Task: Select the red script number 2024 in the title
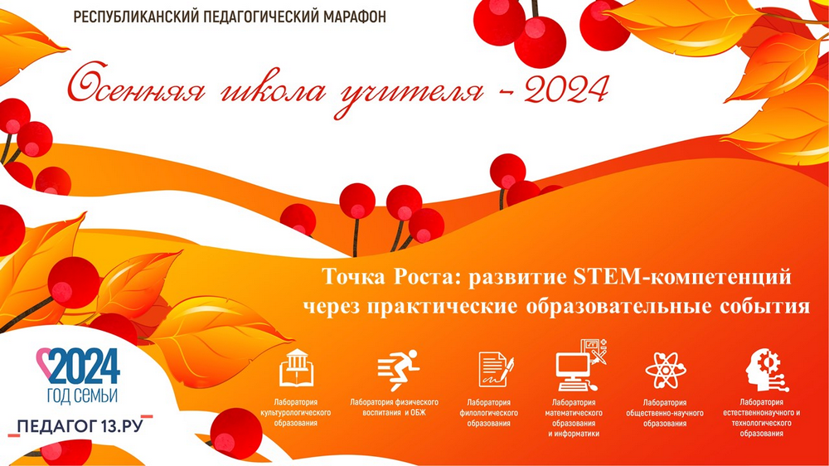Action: [x=566, y=89]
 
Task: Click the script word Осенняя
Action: [x=137, y=85]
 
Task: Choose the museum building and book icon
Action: [x=296, y=368]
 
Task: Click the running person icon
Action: [x=398, y=368]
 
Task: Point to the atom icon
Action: [x=666, y=370]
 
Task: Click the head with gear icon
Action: [x=766, y=370]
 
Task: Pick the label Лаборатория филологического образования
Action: [x=489, y=413]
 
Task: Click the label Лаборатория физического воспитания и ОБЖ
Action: [x=394, y=407]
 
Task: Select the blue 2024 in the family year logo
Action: [x=85, y=366]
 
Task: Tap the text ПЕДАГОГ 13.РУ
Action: [x=80, y=426]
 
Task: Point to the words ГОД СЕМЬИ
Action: [x=82, y=396]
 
